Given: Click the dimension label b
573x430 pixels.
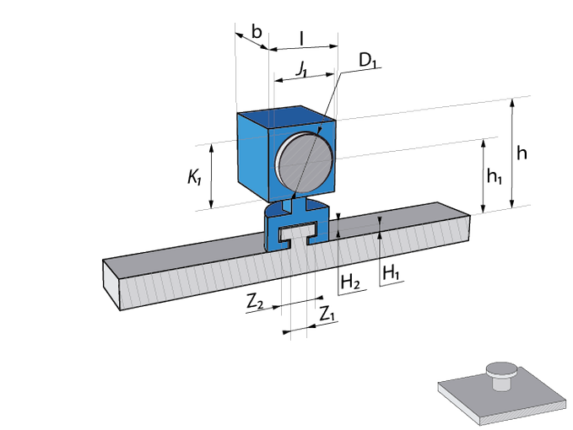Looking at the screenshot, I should click(257, 31).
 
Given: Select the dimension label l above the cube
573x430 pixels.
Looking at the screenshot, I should click(301, 39).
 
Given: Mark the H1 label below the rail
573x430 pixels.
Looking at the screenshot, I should click(391, 272).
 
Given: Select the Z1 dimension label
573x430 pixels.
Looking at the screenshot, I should click(327, 314).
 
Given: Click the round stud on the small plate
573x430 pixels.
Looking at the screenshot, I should click(501, 373).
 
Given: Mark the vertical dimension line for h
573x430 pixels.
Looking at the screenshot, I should click(511, 152).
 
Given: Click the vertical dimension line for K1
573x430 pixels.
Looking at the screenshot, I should click(212, 175).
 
